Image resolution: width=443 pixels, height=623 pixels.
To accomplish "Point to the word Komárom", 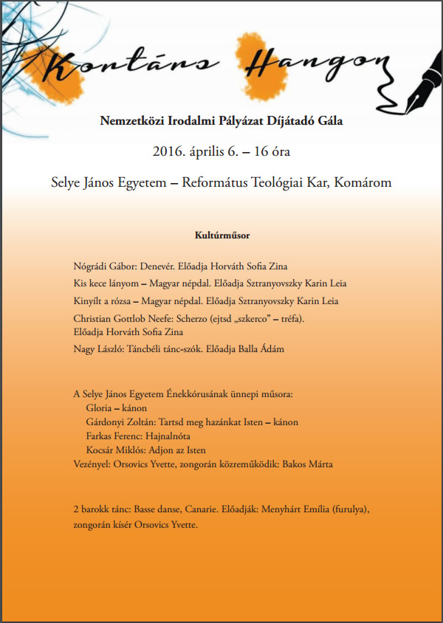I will tap(367, 182).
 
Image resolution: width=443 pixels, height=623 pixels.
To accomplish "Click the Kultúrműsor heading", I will tap(221, 235).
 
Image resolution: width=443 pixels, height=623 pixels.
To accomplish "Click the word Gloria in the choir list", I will tap(101, 408).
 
